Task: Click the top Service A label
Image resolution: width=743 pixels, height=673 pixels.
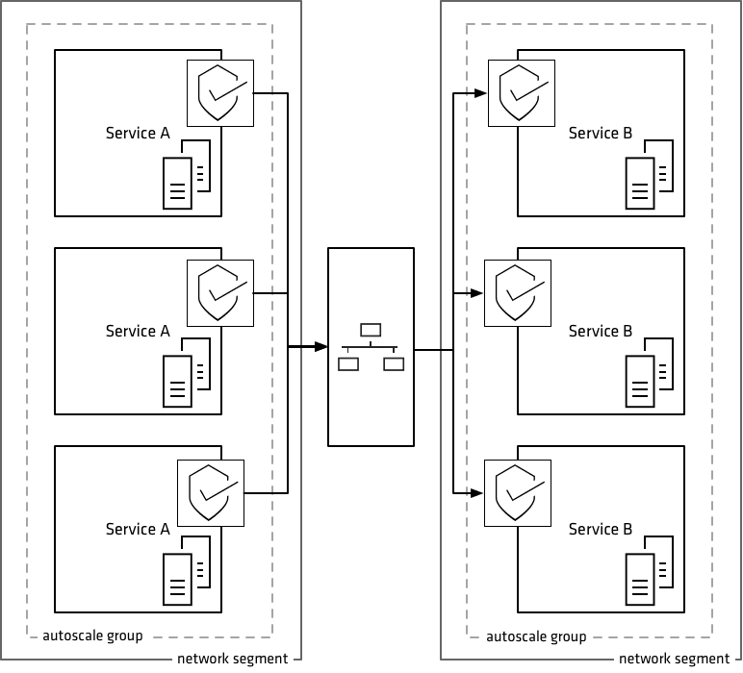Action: click(138, 134)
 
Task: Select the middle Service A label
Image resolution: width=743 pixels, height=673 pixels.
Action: click(138, 332)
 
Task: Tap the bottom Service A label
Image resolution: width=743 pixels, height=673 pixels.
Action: click(138, 530)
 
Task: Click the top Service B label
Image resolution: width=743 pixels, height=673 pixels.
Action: click(601, 134)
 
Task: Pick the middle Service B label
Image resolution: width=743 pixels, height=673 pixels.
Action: click(601, 332)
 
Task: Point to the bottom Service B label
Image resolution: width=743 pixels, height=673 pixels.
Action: click(601, 530)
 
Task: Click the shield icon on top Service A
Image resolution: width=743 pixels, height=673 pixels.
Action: click(220, 92)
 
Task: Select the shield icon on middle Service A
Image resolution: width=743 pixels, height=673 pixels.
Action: click(220, 292)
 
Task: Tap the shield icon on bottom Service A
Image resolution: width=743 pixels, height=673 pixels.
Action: click(212, 492)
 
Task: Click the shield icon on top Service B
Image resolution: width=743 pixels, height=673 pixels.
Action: click(522, 92)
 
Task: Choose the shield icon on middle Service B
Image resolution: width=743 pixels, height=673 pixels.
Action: click(518, 292)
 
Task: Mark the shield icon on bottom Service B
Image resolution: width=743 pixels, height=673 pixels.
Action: click(518, 492)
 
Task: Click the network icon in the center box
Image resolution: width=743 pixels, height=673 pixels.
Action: click(371, 347)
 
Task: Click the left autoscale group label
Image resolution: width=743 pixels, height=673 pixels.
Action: click(93, 636)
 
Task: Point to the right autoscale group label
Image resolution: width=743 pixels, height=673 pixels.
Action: click(537, 636)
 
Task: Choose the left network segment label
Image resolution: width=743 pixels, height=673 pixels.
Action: click(232, 660)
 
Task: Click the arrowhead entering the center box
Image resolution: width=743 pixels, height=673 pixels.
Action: click(321, 347)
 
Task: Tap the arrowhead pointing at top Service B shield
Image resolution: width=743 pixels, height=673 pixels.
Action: click(480, 93)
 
